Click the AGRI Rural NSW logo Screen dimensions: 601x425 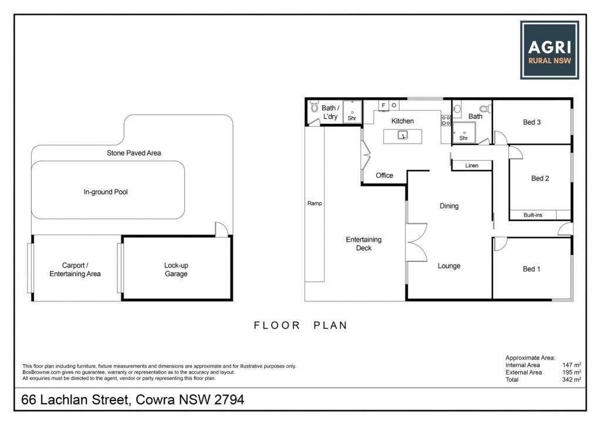click(549, 50)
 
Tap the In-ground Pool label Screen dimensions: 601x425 click(106, 192)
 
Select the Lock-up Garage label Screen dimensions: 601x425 click(176, 270)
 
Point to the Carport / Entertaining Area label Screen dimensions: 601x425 click(75, 270)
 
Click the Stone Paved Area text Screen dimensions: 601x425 click(134, 153)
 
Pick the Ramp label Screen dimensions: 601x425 click(315, 203)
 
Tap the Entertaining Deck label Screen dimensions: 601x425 click(364, 244)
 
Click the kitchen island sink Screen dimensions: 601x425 click(403, 135)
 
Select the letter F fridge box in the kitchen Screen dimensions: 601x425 click(383, 106)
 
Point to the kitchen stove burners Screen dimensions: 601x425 click(446, 120)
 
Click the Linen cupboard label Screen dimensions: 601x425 click(472, 165)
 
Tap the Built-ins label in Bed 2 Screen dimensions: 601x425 click(533, 215)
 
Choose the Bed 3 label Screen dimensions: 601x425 click(532, 122)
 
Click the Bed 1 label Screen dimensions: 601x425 click(532, 269)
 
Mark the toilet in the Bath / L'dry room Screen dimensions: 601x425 click(315, 107)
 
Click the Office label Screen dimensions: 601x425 click(384, 175)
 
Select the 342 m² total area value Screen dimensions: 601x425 click(572, 379)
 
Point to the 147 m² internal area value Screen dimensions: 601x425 click(572, 365)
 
